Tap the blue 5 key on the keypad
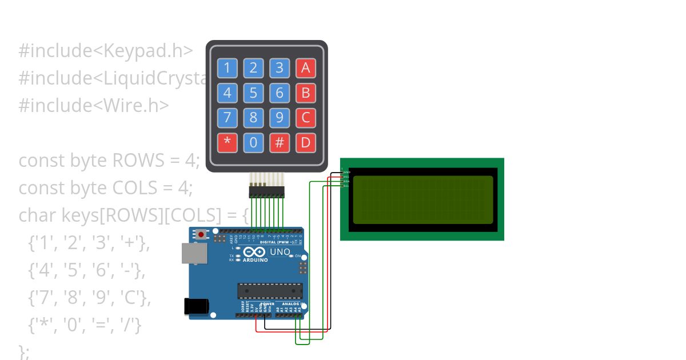tap(253, 93)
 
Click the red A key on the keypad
tap(306, 68)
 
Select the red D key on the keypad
tap(306, 142)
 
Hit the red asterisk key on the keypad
tap(227, 142)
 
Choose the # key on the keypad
tap(280, 142)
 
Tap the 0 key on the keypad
tap(253, 142)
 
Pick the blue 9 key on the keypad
tap(280, 118)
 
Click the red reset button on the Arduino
tap(201, 234)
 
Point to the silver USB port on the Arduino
tap(194, 253)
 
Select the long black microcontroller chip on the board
tap(270, 291)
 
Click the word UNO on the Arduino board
tap(280, 252)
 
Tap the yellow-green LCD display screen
tap(422, 199)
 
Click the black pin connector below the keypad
tap(266, 192)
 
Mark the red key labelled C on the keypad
tap(306, 118)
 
